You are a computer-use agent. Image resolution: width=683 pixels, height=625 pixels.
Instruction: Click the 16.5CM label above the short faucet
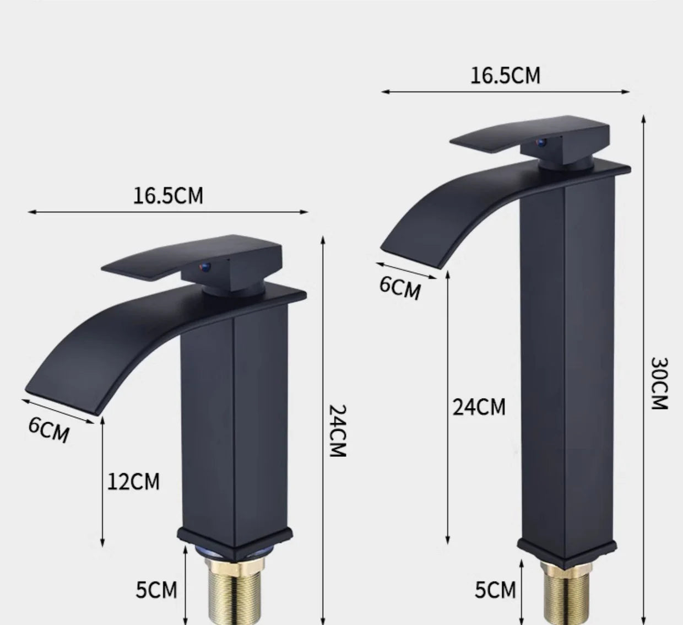click(x=168, y=196)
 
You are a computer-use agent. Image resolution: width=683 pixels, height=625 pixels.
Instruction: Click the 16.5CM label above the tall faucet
click(x=505, y=76)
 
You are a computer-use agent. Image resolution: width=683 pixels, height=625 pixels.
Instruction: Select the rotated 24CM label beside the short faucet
click(x=337, y=431)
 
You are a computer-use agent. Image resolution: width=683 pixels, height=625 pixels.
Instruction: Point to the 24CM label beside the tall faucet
click(x=479, y=407)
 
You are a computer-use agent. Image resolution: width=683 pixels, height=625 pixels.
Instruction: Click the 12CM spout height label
click(x=133, y=481)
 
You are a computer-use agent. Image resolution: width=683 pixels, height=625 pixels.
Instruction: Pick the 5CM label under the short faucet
click(x=157, y=590)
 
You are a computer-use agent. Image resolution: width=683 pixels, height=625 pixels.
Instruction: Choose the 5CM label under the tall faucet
click(x=495, y=590)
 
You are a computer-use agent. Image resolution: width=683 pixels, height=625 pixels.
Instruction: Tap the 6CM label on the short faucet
click(x=50, y=430)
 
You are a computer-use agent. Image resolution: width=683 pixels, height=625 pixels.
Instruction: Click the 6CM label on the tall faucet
click(x=400, y=288)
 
